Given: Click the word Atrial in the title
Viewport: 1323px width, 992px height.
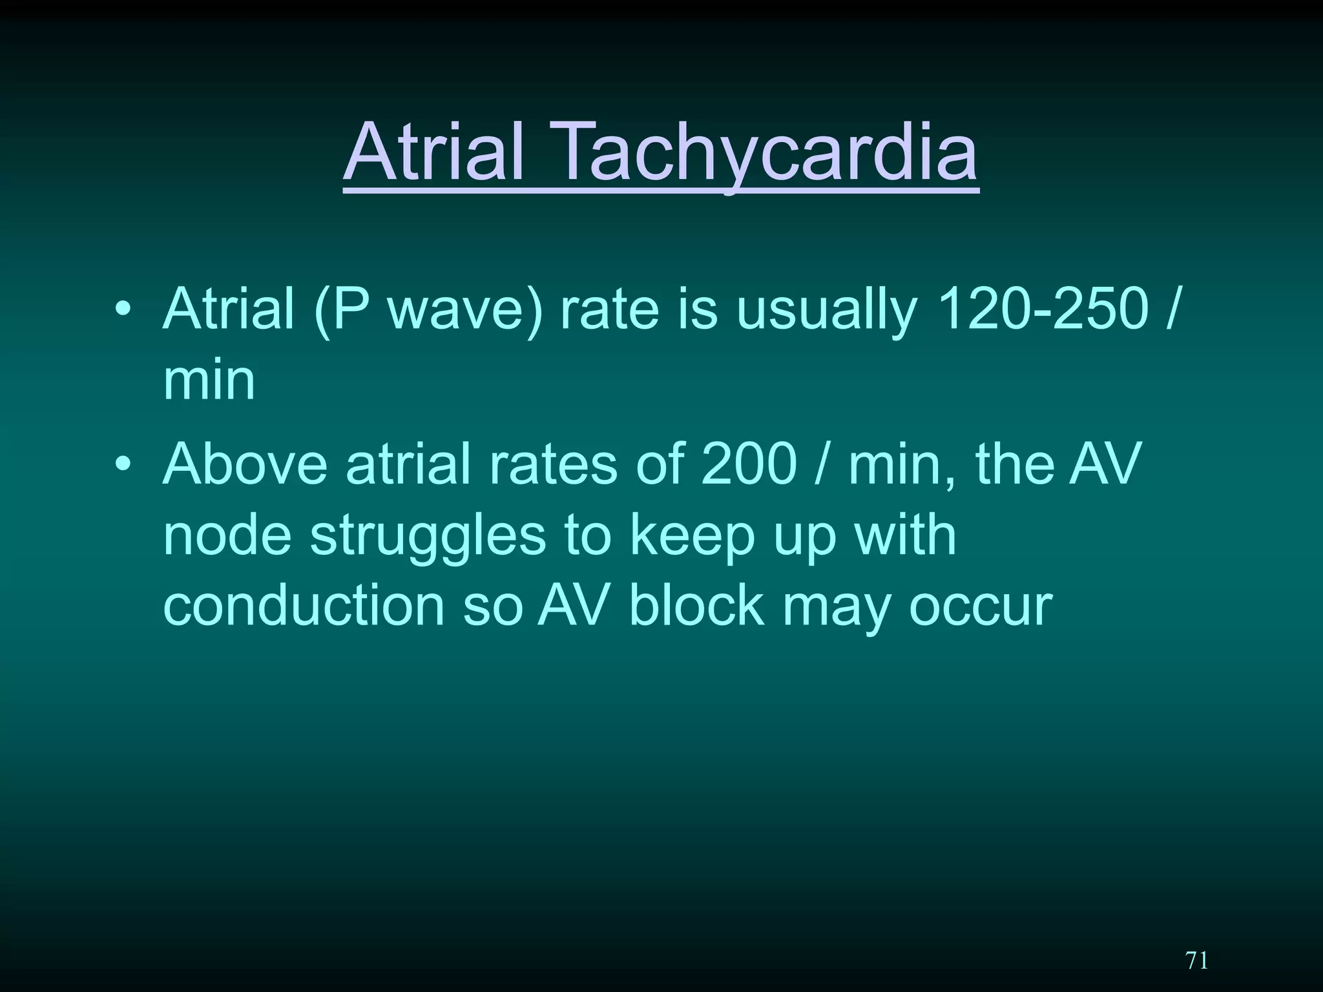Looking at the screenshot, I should click(433, 152).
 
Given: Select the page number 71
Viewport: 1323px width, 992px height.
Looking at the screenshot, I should click(1197, 960).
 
